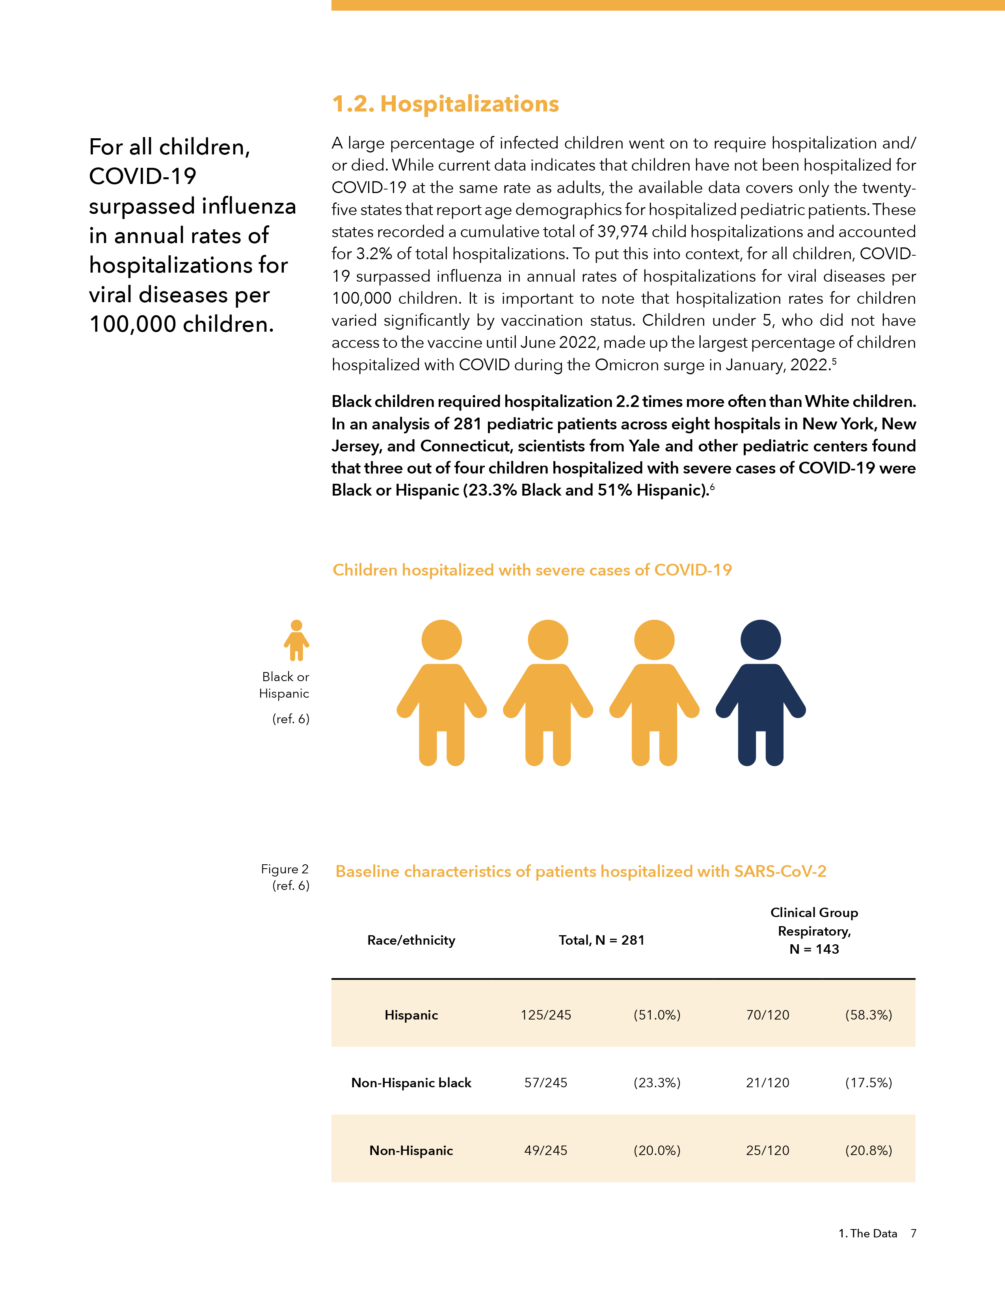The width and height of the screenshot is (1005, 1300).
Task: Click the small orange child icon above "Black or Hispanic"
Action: [x=296, y=641]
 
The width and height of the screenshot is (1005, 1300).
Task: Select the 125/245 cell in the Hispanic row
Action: [x=545, y=1015]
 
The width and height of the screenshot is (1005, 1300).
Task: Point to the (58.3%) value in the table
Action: [x=868, y=1015]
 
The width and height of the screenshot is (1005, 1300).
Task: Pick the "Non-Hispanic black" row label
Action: [x=411, y=1083]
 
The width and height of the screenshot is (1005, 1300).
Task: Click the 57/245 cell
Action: [x=545, y=1083]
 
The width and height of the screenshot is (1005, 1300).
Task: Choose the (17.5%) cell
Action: [x=868, y=1083]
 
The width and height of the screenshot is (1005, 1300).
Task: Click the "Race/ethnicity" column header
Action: [x=411, y=940]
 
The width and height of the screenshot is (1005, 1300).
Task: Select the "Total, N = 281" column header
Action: [x=601, y=940]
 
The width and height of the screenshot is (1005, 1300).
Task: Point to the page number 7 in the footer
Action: [x=913, y=1233]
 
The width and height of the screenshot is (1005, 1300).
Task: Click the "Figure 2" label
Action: [x=285, y=869]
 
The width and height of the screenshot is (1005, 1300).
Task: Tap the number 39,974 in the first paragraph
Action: [x=625, y=232]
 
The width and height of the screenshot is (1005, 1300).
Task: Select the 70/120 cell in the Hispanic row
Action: [x=767, y=1015]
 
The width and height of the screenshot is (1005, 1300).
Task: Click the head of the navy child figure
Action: [x=760, y=640]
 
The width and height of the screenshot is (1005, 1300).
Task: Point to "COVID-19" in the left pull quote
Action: [x=143, y=176]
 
